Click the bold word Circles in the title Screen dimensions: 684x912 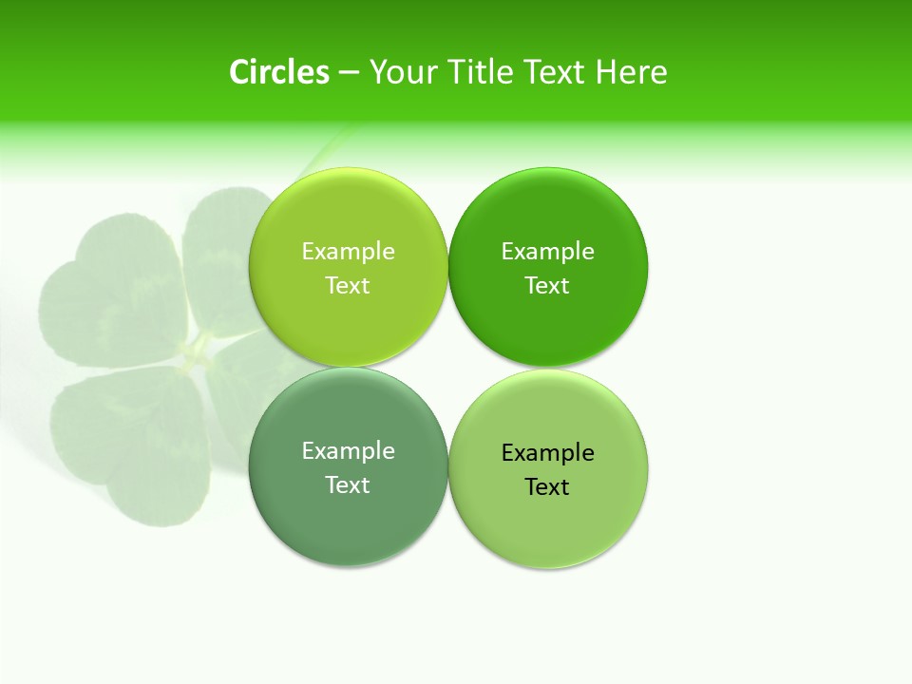[x=279, y=72]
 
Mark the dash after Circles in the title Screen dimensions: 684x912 [x=349, y=73]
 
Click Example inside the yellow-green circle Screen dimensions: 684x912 [x=348, y=251]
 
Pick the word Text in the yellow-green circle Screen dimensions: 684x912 [x=348, y=285]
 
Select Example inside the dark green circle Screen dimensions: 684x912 [x=547, y=251]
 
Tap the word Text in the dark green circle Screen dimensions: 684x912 [x=547, y=285]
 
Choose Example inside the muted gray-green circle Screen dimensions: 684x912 [x=348, y=450]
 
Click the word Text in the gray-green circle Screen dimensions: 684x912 [x=348, y=484]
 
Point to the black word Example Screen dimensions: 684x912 [x=547, y=452]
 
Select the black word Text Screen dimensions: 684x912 [x=547, y=486]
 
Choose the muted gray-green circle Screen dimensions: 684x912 [x=348, y=527]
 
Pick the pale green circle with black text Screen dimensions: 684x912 [x=547, y=527]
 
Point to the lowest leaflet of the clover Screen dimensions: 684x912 [x=133, y=446]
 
